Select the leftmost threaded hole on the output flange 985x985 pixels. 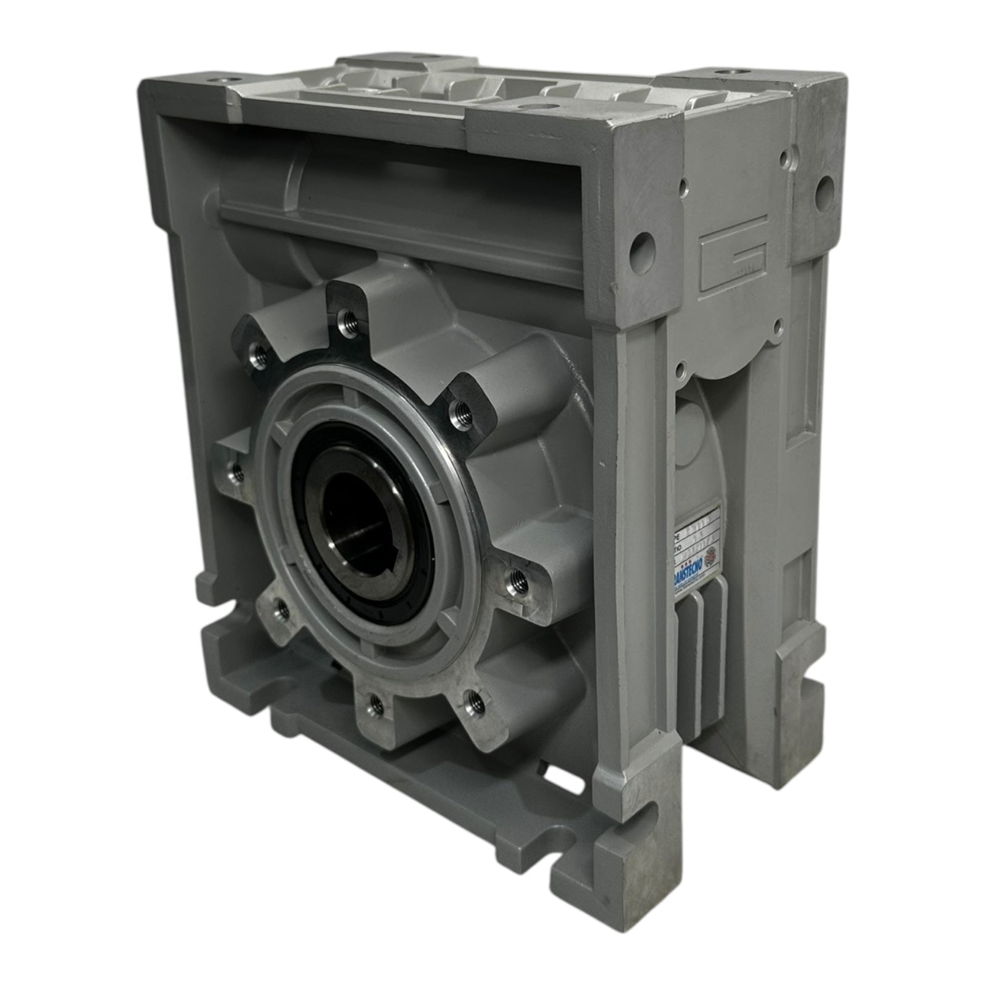(234, 473)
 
